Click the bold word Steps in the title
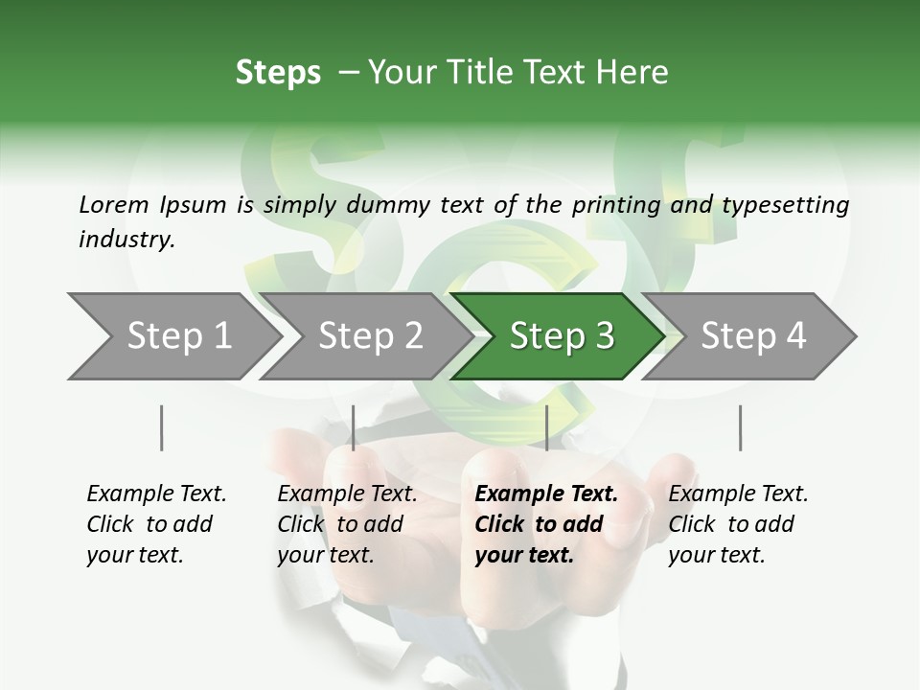(278, 73)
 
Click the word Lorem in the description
(113, 204)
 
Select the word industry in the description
(126, 240)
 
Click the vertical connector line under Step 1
(162, 427)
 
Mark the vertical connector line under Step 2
(354, 427)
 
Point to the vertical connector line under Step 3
(546, 427)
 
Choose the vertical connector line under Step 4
(740, 427)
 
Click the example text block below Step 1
(156, 524)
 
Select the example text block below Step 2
(347, 524)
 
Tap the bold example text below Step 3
(546, 524)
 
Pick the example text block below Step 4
(738, 524)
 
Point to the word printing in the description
(613, 204)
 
